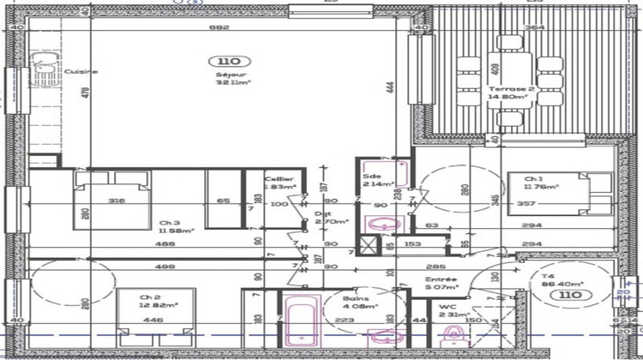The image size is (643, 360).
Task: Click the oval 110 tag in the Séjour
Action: click(229, 61)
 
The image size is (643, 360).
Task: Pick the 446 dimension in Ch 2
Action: click(152, 321)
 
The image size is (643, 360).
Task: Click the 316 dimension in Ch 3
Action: click(117, 201)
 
